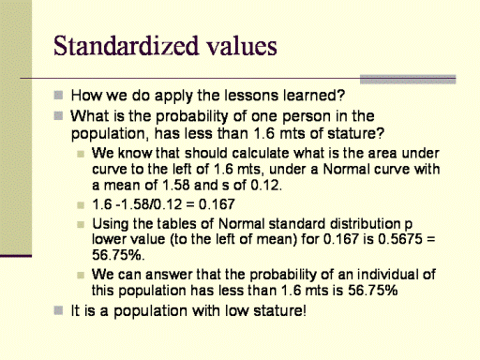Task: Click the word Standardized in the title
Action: (x=127, y=46)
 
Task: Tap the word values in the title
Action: (x=242, y=46)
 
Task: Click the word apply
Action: (x=173, y=96)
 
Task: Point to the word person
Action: (x=306, y=116)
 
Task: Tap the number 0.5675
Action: (x=400, y=239)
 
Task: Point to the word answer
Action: (x=169, y=275)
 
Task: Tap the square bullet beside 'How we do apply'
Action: (x=58, y=95)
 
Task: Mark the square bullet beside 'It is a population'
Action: (x=58, y=310)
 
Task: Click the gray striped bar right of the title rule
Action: (x=408, y=80)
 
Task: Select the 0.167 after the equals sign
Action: (x=217, y=204)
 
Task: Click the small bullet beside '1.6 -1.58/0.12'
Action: (x=81, y=205)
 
